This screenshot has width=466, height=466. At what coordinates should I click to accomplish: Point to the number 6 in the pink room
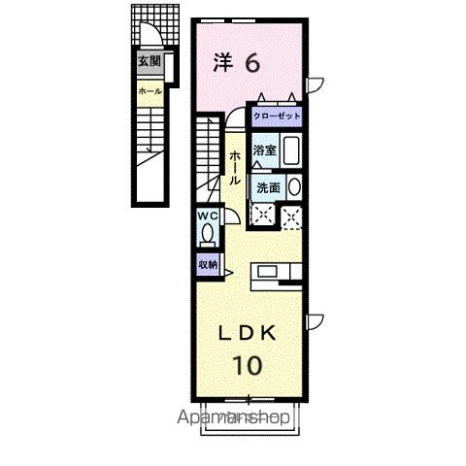(250, 63)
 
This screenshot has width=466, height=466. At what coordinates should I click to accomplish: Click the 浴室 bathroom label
(265, 150)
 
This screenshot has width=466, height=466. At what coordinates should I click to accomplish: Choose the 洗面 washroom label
(269, 188)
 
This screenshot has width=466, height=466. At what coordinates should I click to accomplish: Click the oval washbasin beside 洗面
(295, 188)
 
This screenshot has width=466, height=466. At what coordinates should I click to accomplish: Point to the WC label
(207, 215)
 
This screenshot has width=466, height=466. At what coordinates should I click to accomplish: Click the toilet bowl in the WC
(207, 234)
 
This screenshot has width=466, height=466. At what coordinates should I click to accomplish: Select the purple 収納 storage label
(208, 263)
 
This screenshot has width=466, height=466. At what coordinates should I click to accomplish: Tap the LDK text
(248, 333)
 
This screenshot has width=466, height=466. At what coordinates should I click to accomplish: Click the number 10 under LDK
(248, 367)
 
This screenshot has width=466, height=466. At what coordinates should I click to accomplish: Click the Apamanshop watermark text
(235, 418)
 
